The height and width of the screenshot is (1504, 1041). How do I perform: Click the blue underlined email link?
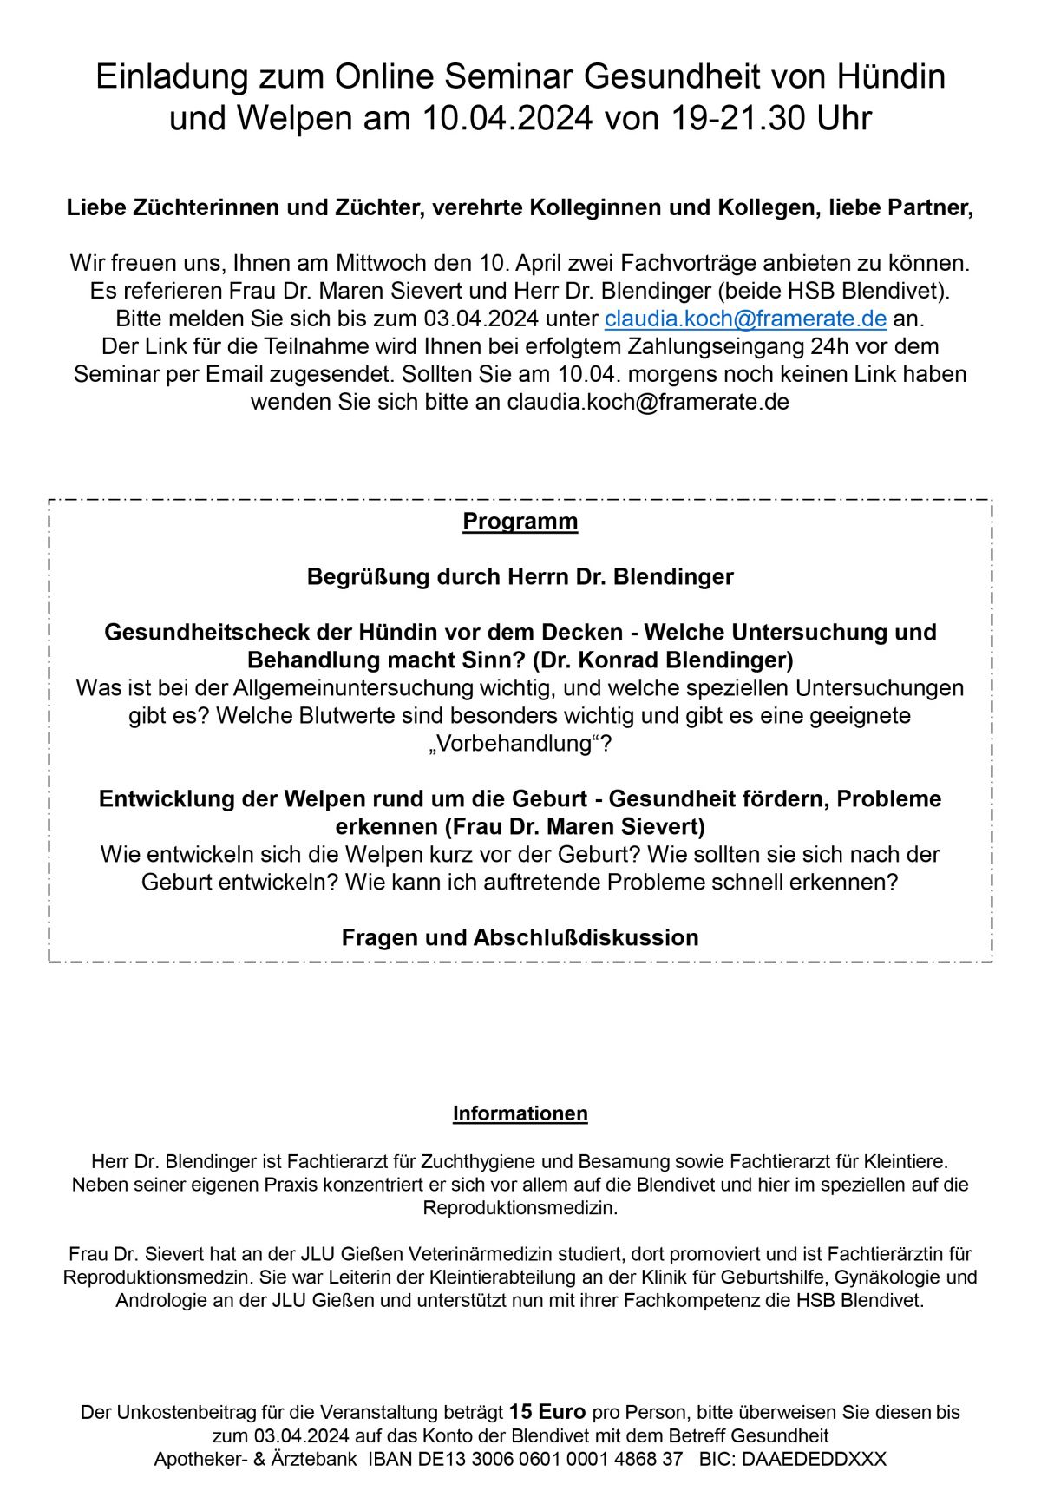(x=745, y=319)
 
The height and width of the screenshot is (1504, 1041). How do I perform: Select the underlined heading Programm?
(x=520, y=522)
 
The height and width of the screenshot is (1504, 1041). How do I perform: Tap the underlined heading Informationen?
(x=520, y=1113)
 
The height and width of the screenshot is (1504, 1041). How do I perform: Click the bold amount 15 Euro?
(x=547, y=1412)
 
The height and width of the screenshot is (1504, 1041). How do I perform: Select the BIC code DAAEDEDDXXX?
(x=814, y=1459)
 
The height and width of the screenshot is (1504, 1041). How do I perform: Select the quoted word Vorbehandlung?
(x=520, y=744)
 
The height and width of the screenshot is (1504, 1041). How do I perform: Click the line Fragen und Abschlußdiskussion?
(x=520, y=938)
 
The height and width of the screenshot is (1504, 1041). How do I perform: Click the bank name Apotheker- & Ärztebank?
(x=255, y=1459)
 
